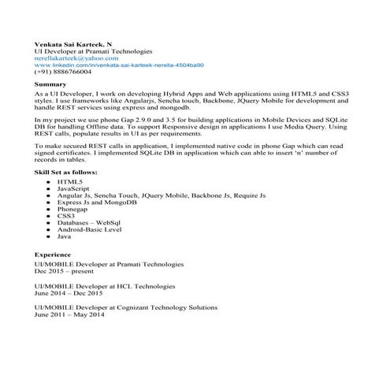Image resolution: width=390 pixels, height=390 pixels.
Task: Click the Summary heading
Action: click(x=50, y=84)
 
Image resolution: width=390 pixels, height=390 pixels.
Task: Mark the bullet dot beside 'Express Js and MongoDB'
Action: click(x=49, y=202)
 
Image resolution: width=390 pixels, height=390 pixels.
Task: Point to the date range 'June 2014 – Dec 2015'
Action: click(x=75, y=292)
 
